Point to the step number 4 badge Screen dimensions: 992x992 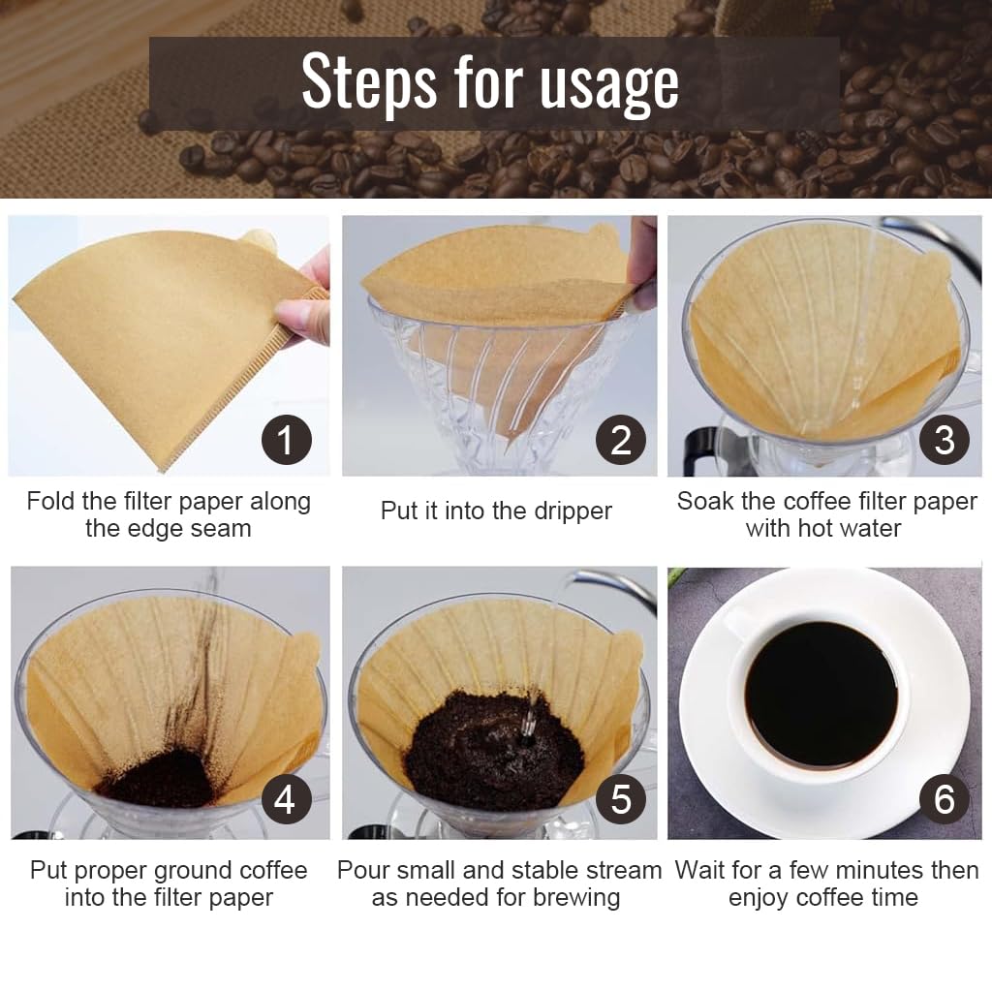click(x=286, y=799)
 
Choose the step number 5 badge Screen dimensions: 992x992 click(x=620, y=799)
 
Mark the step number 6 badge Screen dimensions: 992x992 click(x=944, y=799)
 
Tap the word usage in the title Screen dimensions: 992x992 click(x=609, y=85)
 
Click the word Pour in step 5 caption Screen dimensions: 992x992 click(x=361, y=870)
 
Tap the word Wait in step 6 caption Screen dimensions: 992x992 click(x=700, y=870)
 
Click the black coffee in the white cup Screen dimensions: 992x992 click(x=820, y=694)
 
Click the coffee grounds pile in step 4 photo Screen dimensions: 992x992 click(x=160, y=779)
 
